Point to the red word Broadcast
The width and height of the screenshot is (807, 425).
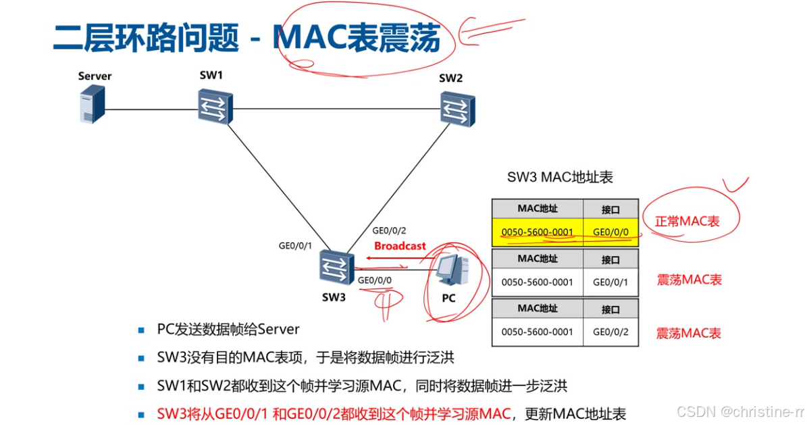tap(400, 246)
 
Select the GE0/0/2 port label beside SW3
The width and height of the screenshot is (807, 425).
tap(389, 230)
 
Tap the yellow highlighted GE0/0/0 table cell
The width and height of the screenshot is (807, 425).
tap(610, 232)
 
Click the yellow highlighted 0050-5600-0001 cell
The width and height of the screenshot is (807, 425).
tap(537, 232)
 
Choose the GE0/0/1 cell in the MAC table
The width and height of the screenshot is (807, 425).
tap(610, 282)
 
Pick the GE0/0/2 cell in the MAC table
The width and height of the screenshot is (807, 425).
tap(610, 332)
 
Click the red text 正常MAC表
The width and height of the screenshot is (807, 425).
tap(687, 221)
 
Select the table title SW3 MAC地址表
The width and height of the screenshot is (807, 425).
tap(560, 178)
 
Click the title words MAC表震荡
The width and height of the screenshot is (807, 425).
tap(357, 39)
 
